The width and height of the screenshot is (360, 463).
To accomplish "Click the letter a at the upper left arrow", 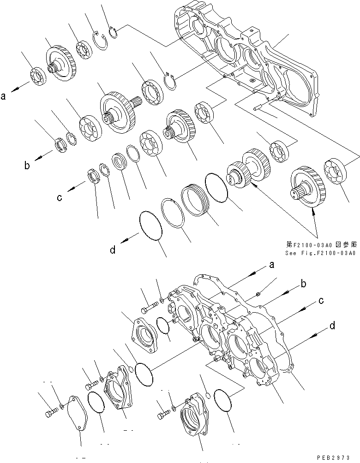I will pyautogui.click(x=4, y=96).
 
